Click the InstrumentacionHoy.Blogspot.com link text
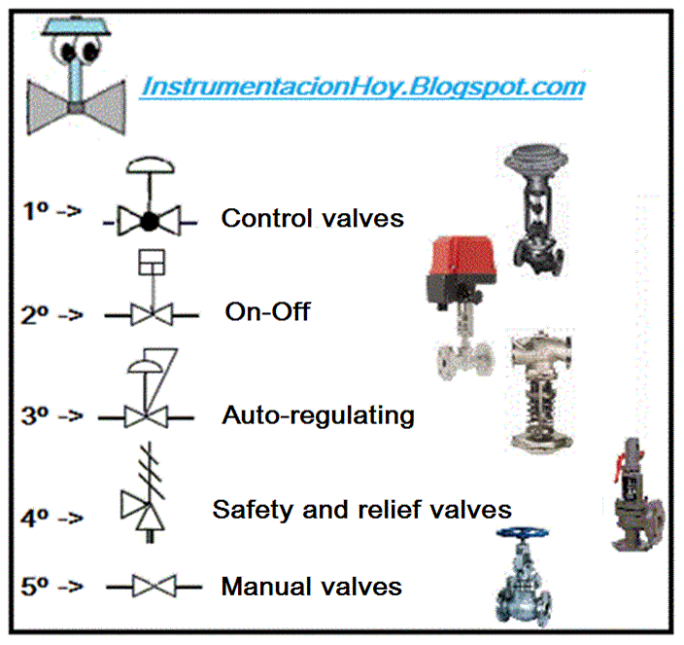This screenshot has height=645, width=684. [362, 87]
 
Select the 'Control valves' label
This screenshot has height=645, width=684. [312, 218]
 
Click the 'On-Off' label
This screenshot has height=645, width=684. [267, 312]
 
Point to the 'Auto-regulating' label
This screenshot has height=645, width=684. [318, 416]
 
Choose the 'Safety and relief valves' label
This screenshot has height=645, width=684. [361, 509]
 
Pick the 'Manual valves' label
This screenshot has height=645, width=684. [311, 587]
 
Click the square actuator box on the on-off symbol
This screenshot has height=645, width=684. [152, 263]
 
